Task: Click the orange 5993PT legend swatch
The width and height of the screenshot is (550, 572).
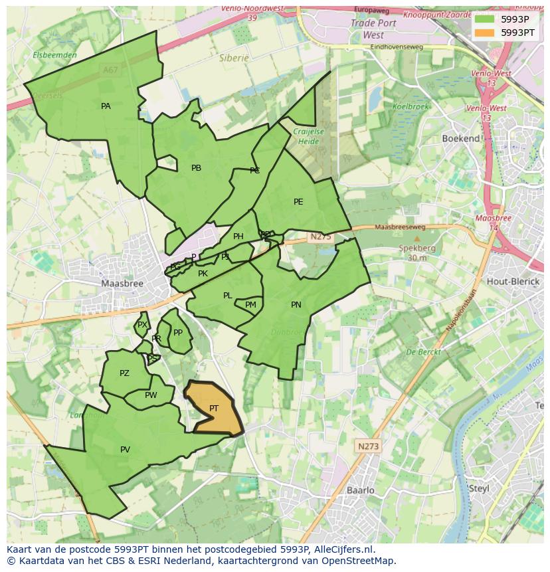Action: [484, 32]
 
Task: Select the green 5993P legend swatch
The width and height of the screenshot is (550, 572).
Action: [484, 19]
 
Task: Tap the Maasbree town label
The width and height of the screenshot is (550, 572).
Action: [122, 283]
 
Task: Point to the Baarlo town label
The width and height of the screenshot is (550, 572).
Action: [361, 490]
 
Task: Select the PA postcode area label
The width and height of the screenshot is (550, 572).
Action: [106, 106]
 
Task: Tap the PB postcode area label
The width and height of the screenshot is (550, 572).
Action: [196, 168]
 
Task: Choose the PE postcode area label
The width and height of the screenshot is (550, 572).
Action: [298, 202]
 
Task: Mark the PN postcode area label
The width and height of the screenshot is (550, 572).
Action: [296, 305]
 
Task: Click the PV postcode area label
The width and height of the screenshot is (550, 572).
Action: [125, 450]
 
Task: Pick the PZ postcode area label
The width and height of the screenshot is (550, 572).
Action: [124, 373]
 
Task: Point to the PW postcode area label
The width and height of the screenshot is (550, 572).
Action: [151, 395]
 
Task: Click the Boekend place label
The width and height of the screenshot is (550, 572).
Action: [461, 138]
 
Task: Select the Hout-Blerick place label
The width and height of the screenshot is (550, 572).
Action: [512, 281]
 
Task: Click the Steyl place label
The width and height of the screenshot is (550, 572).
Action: [479, 488]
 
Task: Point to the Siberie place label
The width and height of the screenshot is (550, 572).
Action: [234, 58]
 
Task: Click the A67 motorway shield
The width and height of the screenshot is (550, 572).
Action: [111, 69]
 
